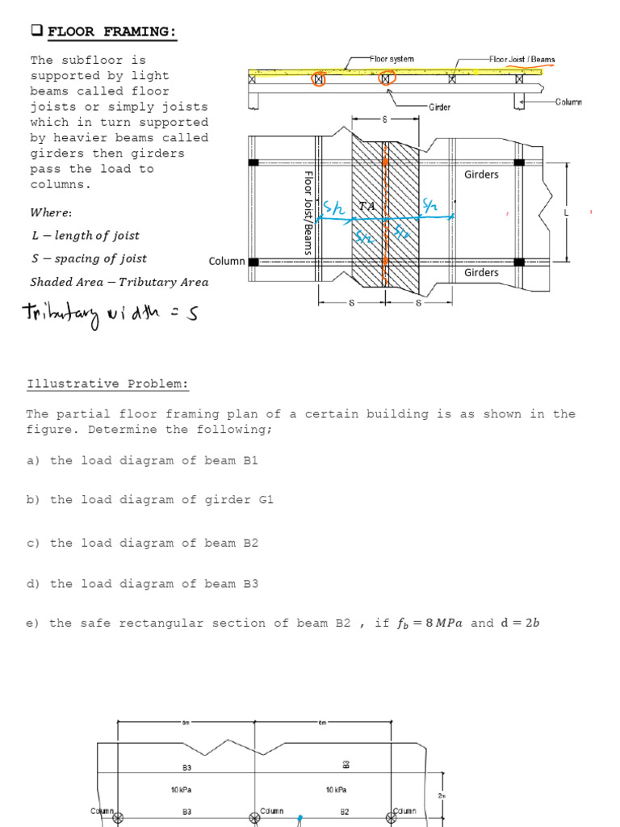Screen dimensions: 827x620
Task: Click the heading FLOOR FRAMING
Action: pyautogui.click(x=111, y=31)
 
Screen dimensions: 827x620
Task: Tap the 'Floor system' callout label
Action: pyautogui.click(x=392, y=59)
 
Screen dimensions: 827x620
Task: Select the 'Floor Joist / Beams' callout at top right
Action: pyautogui.click(x=522, y=60)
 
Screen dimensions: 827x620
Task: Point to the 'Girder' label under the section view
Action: pyautogui.click(x=439, y=107)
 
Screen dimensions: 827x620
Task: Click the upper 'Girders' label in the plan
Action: pyautogui.click(x=481, y=174)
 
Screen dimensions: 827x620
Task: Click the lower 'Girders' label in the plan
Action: pyautogui.click(x=481, y=272)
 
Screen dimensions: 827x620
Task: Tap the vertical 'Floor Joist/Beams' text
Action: pyautogui.click(x=308, y=212)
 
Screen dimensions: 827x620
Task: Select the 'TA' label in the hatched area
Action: pyautogui.click(x=367, y=207)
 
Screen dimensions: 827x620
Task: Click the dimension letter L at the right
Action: pyautogui.click(x=566, y=212)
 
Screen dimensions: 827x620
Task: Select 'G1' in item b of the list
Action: pyautogui.click(x=266, y=500)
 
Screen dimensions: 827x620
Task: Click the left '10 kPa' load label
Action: pyautogui.click(x=181, y=790)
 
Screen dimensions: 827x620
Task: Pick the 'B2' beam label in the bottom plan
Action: pyautogui.click(x=344, y=811)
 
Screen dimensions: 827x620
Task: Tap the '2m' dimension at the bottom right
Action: pyautogui.click(x=441, y=796)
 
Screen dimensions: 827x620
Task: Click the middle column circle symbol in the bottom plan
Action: pyautogui.click(x=255, y=819)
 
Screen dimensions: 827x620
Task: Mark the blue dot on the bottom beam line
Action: pyautogui.click(x=300, y=817)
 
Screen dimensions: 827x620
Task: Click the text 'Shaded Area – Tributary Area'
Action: pyautogui.click(x=119, y=282)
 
